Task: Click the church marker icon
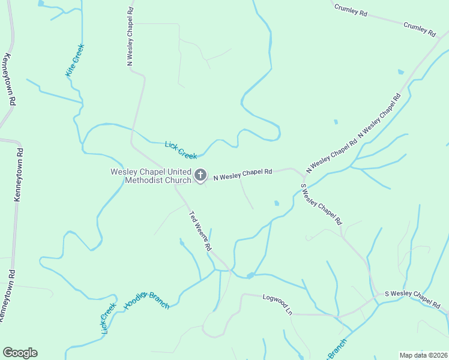coord(200,175)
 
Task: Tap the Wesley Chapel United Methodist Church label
coord(151,176)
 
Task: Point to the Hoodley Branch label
coord(147,297)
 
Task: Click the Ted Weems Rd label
coord(200,230)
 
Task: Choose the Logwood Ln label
coord(277,304)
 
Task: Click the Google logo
coord(20,353)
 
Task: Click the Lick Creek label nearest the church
coord(181,150)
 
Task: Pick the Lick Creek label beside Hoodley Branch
coord(108,318)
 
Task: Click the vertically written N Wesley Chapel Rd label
coord(130,37)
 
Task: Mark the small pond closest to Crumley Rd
coord(401,72)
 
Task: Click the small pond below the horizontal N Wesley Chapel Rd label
coord(276,203)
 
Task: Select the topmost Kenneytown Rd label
coord(7,79)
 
